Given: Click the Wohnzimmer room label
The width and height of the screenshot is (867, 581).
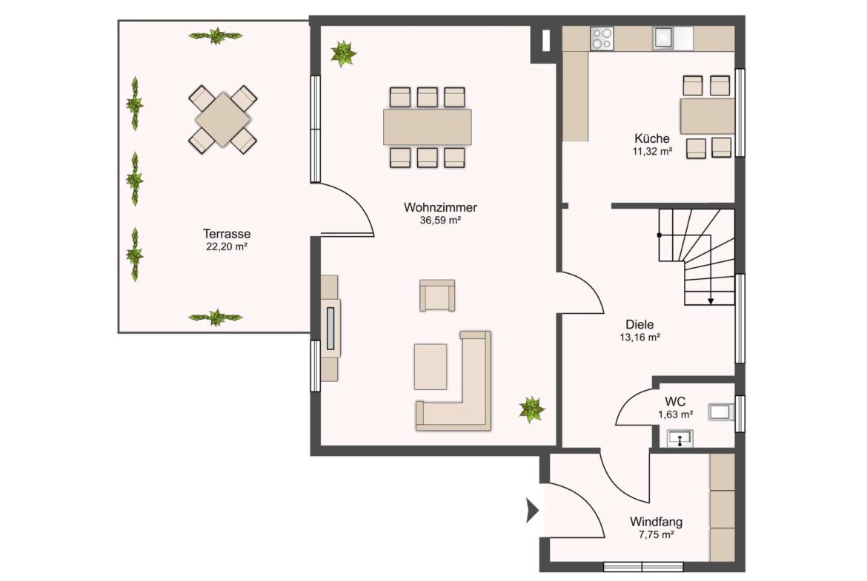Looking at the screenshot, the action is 440,208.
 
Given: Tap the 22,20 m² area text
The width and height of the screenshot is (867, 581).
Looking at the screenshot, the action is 227,247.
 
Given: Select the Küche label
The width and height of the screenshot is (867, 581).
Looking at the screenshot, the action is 652,138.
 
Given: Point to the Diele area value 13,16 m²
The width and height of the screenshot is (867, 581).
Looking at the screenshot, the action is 640,337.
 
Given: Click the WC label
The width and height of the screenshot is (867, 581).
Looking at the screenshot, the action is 675,401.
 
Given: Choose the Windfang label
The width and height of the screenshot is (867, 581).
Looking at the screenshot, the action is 657,522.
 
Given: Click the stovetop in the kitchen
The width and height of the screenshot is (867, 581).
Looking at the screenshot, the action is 602,38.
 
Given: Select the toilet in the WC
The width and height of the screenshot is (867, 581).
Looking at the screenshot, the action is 722,412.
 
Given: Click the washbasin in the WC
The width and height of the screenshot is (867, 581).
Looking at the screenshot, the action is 680,439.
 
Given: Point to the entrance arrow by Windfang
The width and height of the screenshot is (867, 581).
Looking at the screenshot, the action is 532,511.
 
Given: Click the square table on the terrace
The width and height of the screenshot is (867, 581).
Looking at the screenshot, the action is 222,119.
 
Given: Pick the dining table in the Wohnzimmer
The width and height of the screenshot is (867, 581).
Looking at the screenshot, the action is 428,127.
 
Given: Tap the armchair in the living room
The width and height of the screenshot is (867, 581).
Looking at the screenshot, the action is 437,295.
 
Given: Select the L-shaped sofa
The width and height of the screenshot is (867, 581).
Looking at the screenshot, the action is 454,381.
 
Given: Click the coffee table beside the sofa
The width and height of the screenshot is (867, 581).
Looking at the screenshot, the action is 431,366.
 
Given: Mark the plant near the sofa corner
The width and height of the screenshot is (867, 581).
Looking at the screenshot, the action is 532,409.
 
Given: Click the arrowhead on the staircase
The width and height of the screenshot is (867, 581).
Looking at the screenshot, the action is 711,301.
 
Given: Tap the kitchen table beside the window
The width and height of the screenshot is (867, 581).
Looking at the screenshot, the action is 708,116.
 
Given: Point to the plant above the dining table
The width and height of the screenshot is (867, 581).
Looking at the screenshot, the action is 343,53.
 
